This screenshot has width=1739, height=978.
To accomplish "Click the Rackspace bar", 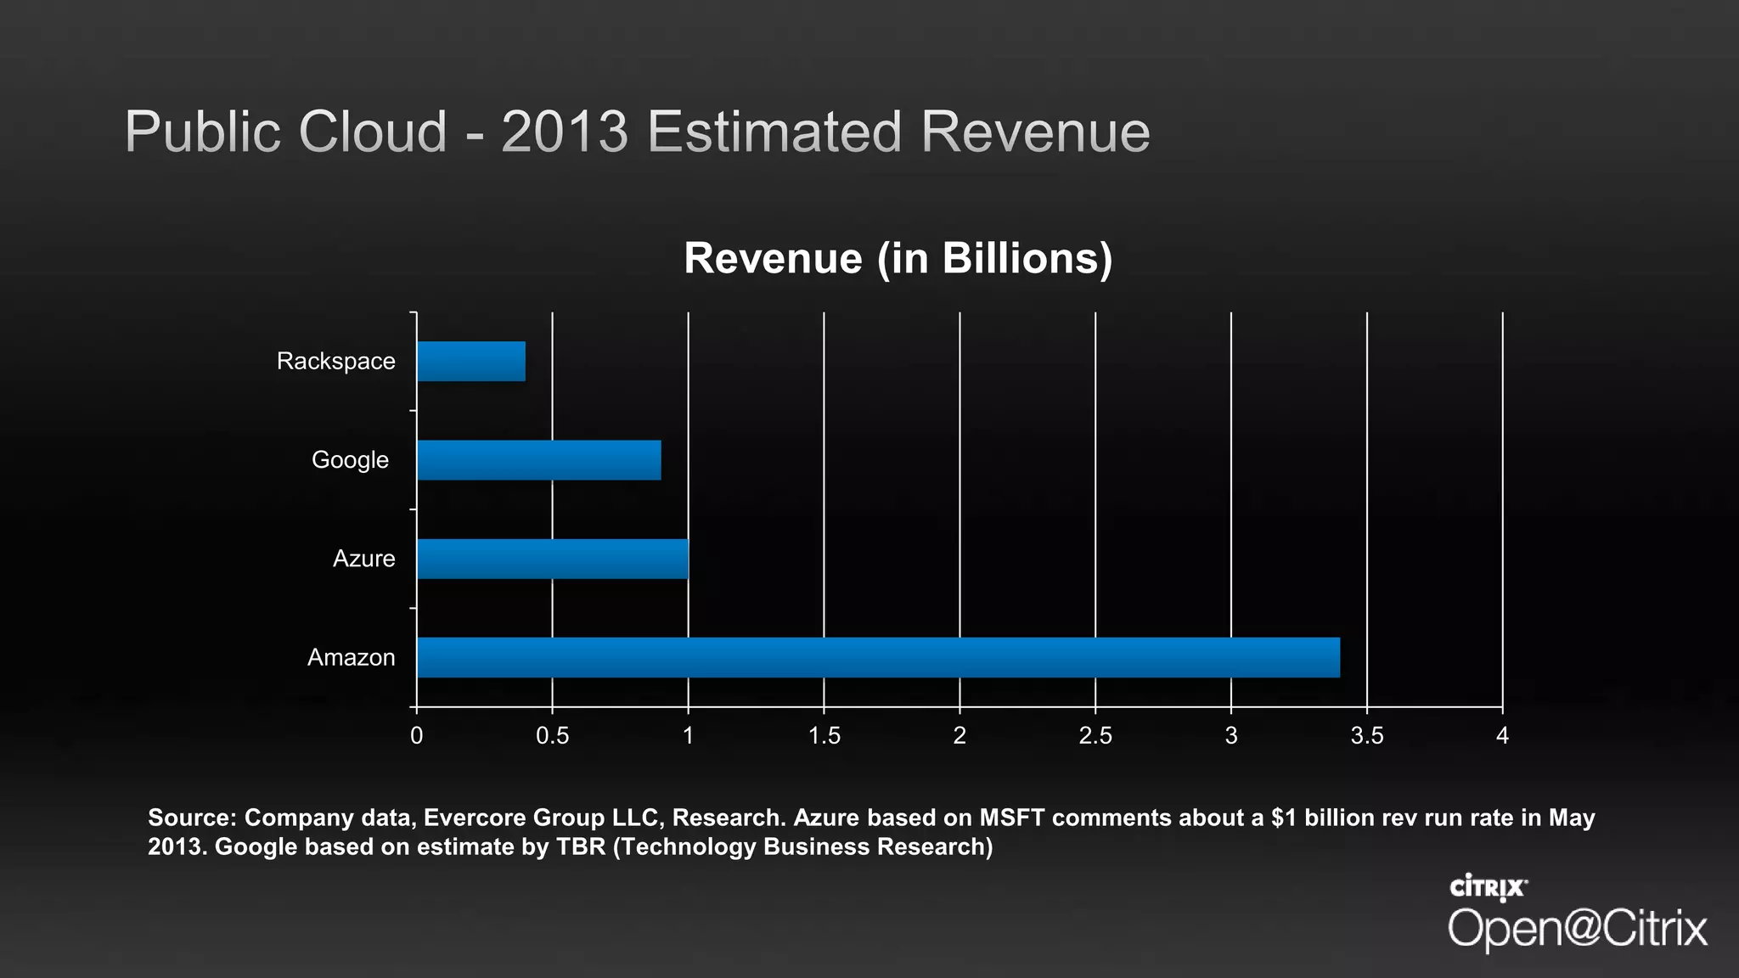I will [471, 362].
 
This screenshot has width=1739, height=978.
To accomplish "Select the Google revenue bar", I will [539, 460].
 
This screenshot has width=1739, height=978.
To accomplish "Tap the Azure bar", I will [553, 559].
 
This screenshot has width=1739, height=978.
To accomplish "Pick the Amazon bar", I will [878, 658].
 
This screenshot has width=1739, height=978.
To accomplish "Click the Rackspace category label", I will [336, 362].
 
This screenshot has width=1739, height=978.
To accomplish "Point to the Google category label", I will [350, 460].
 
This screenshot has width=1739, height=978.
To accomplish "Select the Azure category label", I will [363, 559].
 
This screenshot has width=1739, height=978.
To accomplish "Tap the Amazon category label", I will [351, 658].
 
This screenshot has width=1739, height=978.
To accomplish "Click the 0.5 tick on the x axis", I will [552, 735].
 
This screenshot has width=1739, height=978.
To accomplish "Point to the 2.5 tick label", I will [1095, 735].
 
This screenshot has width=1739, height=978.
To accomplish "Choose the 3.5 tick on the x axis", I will [1367, 735].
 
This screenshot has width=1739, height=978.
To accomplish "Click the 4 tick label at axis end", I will [1502, 735].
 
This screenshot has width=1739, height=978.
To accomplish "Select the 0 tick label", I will [416, 735].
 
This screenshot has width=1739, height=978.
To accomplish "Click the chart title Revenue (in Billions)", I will [898, 258].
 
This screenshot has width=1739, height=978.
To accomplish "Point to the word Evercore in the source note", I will [475, 818].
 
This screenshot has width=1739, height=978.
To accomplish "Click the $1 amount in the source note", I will [1284, 818].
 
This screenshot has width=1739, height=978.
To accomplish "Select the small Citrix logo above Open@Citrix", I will [1488, 887].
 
